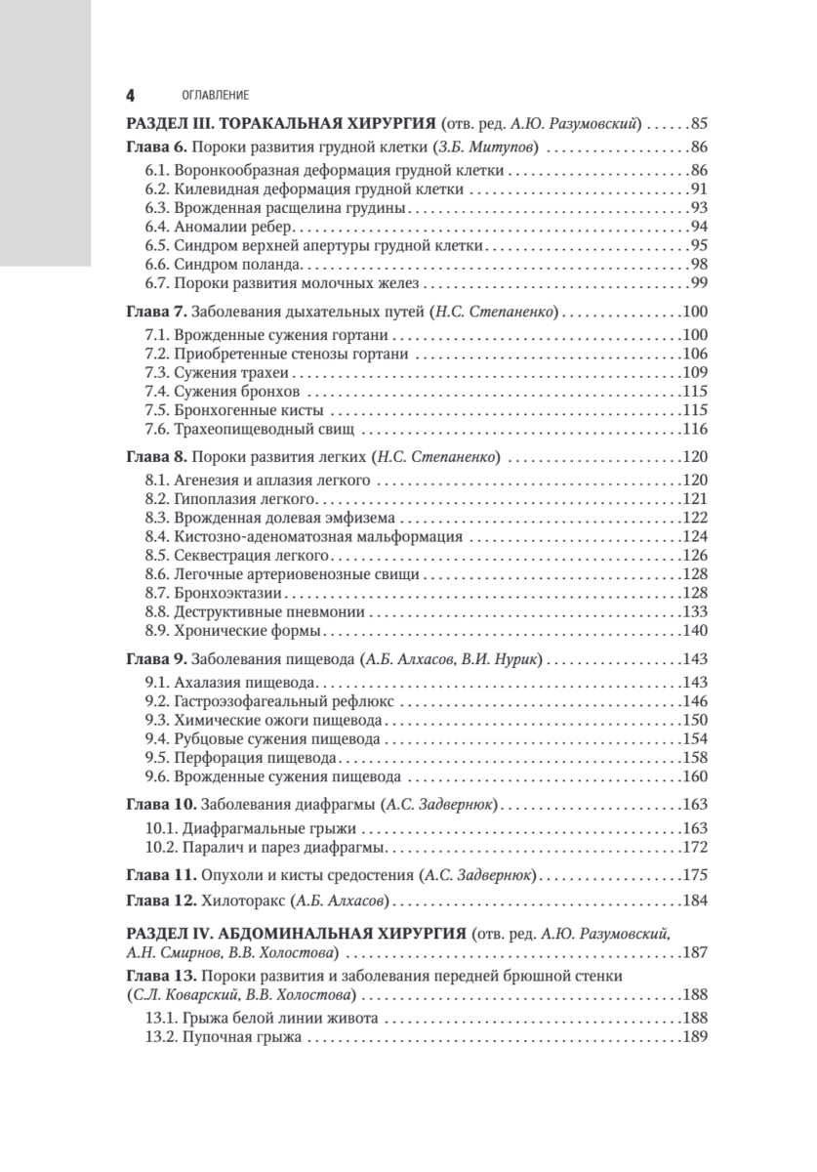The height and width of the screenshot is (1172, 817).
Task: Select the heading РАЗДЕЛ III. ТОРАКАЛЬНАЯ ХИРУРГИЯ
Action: (282, 125)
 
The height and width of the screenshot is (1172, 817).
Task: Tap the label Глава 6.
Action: (156, 149)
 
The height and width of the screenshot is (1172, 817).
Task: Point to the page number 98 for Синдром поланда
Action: (697, 266)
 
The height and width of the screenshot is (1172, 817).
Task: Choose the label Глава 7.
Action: (156, 314)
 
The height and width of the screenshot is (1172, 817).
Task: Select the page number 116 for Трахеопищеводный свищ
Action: (694, 430)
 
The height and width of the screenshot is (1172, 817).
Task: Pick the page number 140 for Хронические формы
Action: (694, 631)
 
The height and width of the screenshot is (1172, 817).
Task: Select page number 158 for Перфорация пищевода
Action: (694, 758)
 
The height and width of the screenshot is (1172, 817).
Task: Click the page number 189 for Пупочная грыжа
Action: (694, 1039)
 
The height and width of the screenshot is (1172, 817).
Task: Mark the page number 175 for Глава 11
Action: (694, 873)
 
